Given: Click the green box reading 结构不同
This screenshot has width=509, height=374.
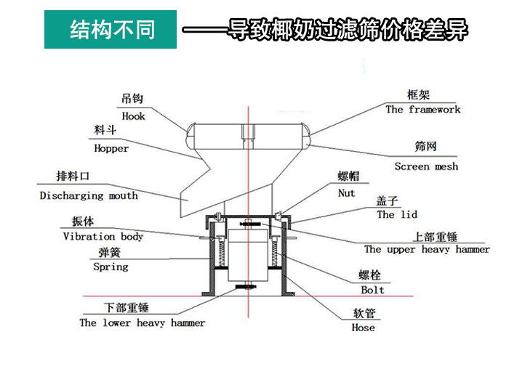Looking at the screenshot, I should tap(111, 30).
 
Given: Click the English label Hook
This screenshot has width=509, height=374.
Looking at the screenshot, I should tap(133, 116).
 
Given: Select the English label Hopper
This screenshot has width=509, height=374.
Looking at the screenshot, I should tap(111, 148).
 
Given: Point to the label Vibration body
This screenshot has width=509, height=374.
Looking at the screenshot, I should tap(103, 236).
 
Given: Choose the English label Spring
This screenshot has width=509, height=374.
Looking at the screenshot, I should tap(111, 267).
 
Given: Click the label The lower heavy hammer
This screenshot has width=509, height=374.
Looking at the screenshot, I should tap(143, 322).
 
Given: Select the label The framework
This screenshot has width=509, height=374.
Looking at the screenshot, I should tap(423, 110).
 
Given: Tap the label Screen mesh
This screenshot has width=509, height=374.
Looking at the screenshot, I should tap(426, 166).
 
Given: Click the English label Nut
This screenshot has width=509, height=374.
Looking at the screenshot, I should tap(347, 193).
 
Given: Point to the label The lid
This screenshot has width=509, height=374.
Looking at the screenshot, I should tap(397, 215).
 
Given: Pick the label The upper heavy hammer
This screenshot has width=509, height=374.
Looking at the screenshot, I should tap(427, 249).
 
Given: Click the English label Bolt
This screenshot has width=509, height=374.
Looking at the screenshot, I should tap(373, 290).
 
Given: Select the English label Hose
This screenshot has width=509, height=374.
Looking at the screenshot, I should tap(363, 328).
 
